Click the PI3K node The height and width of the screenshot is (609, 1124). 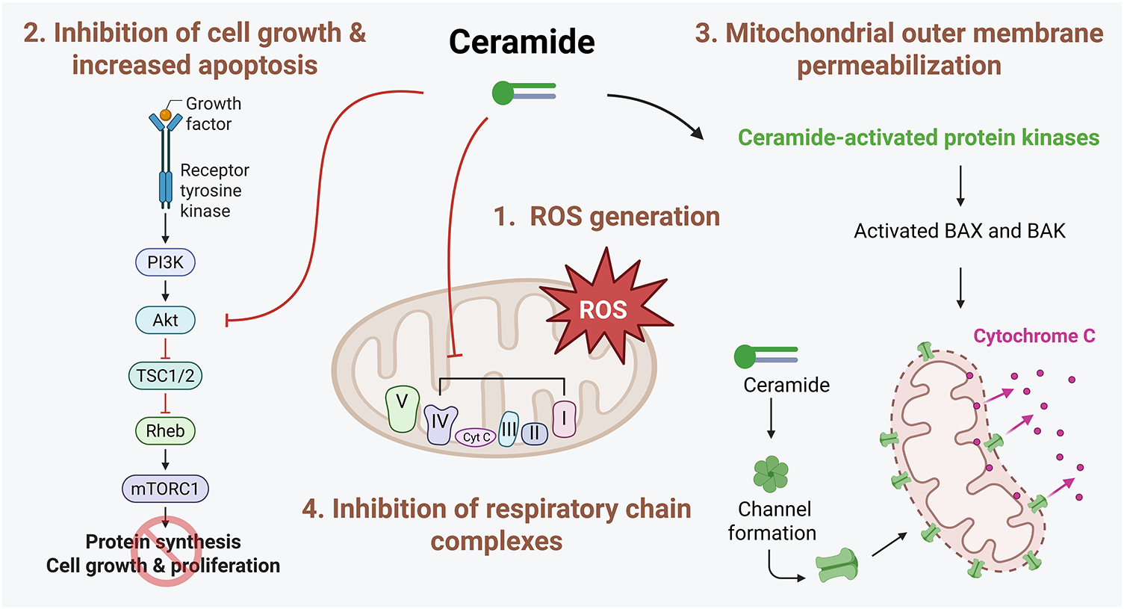coord(165,262)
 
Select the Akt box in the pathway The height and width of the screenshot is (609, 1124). coord(165,320)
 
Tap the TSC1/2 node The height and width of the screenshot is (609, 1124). coord(165,376)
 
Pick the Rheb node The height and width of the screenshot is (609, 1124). coord(165,430)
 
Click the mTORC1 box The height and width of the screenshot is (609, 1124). coord(165,489)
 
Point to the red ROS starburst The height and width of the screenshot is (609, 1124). coord(606,307)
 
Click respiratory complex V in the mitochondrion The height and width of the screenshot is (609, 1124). coord(402,409)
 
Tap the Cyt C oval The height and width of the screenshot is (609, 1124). coord(476,437)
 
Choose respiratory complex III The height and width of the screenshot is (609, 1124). coord(509,429)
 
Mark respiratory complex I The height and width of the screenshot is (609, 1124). coord(564,418)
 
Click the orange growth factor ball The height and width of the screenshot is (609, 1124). coord(166,115)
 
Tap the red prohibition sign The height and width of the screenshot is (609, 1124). coord(166,551)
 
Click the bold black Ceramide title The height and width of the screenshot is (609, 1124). coord(521,41)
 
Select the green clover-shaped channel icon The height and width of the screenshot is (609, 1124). coord(771,474)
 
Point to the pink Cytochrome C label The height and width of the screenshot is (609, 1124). coord(1034,336)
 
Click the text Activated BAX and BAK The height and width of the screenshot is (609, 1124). coord(960,231)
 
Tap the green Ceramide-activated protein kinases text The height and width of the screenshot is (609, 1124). coord(919,137)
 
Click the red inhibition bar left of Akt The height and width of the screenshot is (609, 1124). coord(227,321)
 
